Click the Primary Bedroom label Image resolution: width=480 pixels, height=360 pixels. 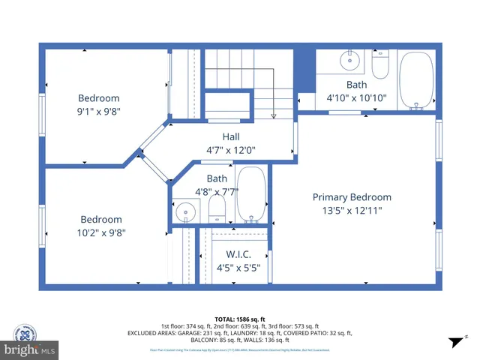(x=352, y=197)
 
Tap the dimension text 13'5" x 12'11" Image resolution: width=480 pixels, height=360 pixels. (x=352, y=211)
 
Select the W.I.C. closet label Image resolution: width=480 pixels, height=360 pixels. (x=238, y=253)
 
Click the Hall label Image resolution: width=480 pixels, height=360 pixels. (x=231, y=136)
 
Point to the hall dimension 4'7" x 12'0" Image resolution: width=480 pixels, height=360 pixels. (x=231, y=150)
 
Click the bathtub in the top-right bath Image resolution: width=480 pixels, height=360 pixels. (x=416, y=80)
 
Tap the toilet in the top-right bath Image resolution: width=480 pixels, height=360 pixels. (x=379, y=64)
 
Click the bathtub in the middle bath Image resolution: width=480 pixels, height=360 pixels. (x=251, y=194)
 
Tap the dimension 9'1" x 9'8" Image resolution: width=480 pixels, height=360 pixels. (x=100, y=112)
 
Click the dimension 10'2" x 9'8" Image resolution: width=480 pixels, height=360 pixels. (x=101, y=232)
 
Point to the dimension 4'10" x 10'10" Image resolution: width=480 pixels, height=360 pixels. (x=356, y=98)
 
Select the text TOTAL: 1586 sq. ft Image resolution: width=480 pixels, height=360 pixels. (x=240, y=319)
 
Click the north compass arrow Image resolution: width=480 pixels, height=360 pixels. (x=453, y=342)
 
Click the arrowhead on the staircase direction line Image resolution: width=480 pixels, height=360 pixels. (x=274, y=115)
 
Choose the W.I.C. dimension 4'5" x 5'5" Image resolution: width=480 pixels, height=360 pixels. (x=238, y=267)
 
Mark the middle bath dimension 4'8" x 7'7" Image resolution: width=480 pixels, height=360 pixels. (x=217, y=191)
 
